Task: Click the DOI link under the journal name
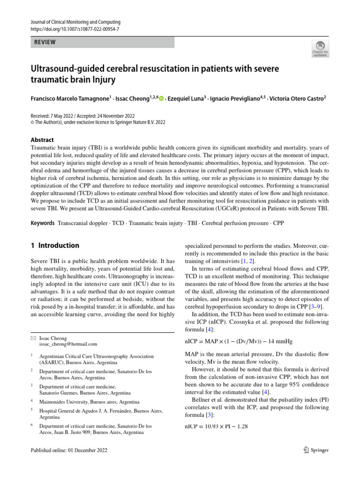point(75,29)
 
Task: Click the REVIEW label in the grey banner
point(45,42)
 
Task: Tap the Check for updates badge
point(320,48)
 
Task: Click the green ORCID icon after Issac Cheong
point(161,99)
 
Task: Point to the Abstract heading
point(42,140)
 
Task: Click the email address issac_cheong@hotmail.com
point(68,344)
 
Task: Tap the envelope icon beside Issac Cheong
point(32,338)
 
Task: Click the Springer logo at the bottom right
point(316,450)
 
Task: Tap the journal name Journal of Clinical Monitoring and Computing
point(75,22)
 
